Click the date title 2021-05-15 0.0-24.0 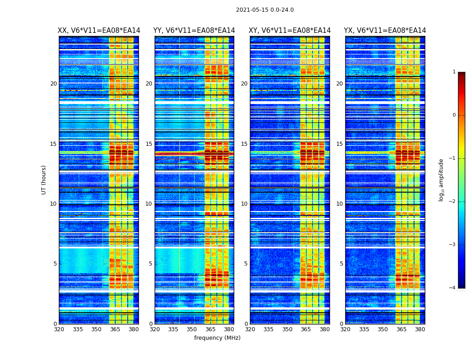(265, 10)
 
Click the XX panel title (99, 31)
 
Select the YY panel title (194, 31)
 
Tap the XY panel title (289, 31)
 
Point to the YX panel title (385, 31)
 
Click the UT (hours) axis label (44, 180)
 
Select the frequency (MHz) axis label (217, 338)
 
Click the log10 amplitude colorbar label (441, 180)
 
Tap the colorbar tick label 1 (454, 72)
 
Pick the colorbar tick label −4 (453, 288)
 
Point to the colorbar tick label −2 (453, 202)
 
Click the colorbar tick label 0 (454, 115)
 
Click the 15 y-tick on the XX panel (53, 144)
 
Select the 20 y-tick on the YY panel (149, 84)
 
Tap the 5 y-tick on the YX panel (341, 264)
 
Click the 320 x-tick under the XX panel (59, 329)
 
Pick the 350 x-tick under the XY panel (287, 329)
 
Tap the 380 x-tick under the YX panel (420, 329)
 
